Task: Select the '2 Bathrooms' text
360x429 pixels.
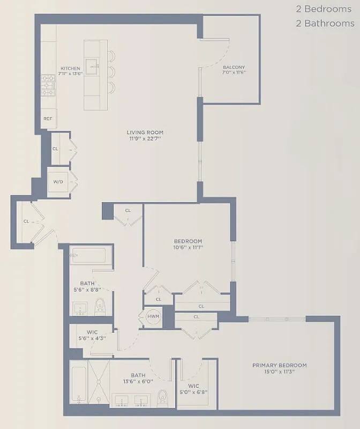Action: tap(325, 24)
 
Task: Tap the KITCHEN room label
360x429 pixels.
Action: tap(70, 69)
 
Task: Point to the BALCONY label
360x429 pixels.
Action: tap(234, 68)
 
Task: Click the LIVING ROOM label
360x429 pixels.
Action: tap(145, 132)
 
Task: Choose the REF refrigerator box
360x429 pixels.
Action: tap(48, 119)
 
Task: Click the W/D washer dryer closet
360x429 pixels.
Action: tap(58, 181)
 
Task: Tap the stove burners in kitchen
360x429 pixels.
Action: tap(49, 85)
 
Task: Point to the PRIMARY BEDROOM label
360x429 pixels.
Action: tap(279, 366)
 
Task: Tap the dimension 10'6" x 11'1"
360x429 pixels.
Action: tap(187, 248)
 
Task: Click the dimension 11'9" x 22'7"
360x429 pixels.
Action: tap(145, 139)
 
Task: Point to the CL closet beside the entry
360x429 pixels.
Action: tap(26, 221)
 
